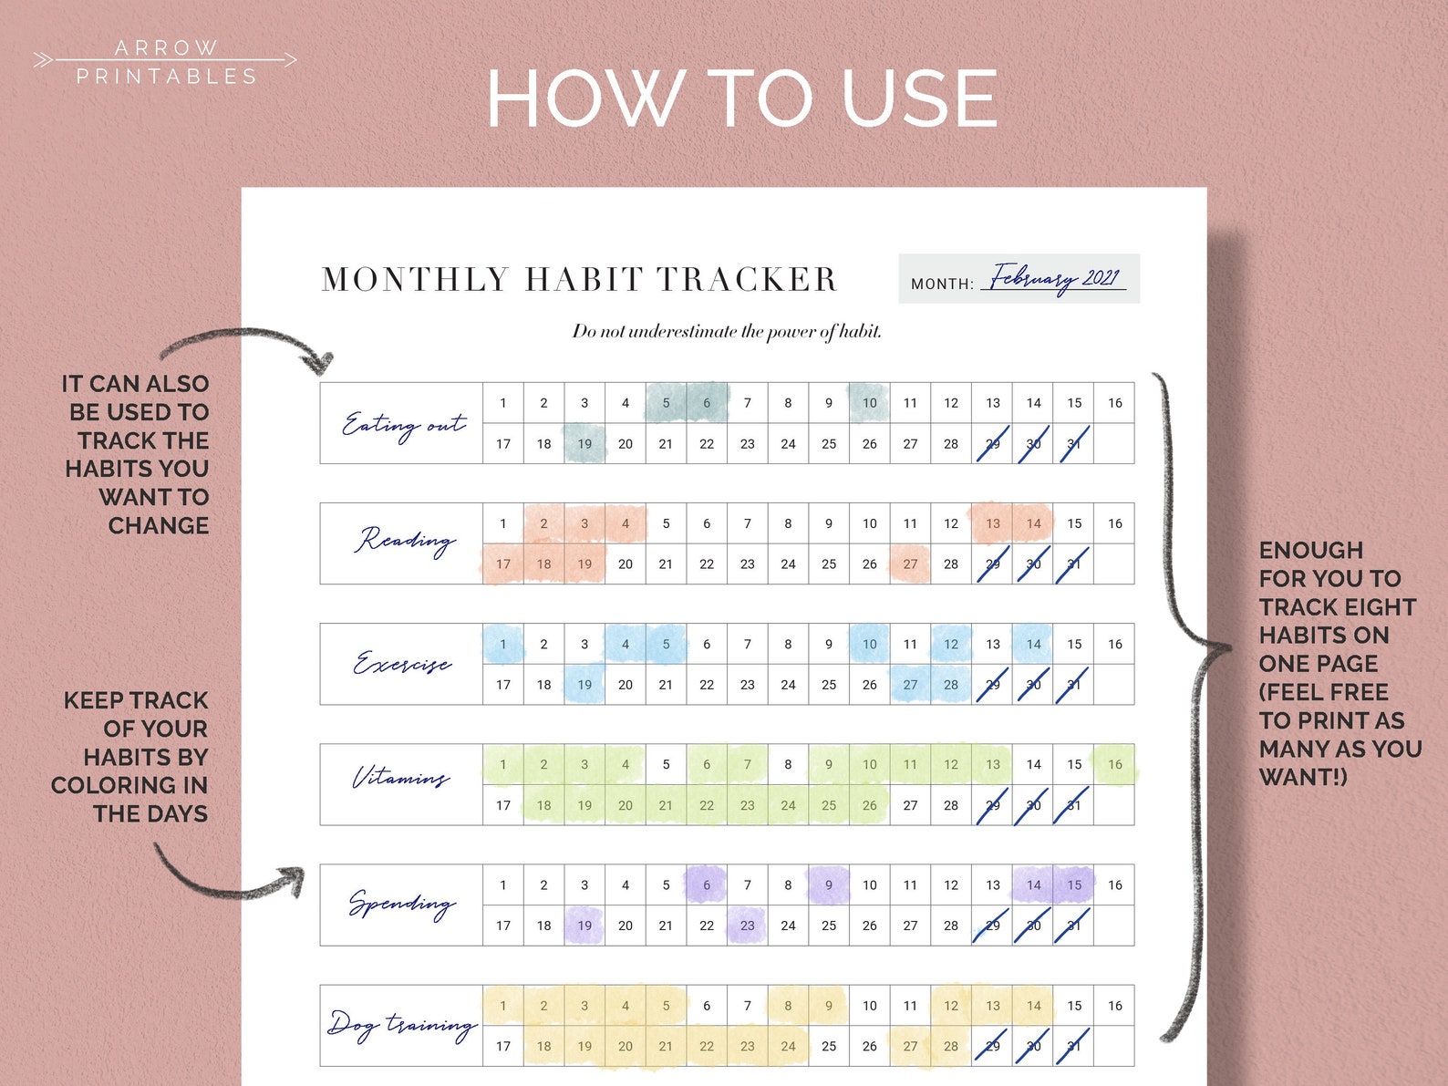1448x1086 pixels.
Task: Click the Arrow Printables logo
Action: click(x=165, y=61)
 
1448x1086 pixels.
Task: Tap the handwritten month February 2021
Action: click(x=1055, y=277)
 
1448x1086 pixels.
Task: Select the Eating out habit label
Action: click(x=402, y=424)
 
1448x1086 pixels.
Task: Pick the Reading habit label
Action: click(x=404, y=542)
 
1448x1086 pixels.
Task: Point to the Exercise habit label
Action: click(x=402, y=663)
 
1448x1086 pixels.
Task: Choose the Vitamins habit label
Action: click(x=401, y=779)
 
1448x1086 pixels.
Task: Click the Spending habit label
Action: click(x=401, y=904)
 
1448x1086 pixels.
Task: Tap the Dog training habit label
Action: click(x=402, y=1025)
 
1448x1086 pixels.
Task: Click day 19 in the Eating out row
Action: click(x=584, y=444)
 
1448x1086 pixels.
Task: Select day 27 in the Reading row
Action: click(x=910, y=564)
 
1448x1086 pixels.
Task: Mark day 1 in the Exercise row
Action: click(x=502, y=644)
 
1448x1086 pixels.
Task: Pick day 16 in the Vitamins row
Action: click(x=1114, y=765)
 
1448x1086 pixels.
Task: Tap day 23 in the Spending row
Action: click(x=748, y=926)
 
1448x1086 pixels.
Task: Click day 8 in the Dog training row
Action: click(x=788, y=1006)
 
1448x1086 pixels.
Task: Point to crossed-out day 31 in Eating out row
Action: click(x=1074, y=444)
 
